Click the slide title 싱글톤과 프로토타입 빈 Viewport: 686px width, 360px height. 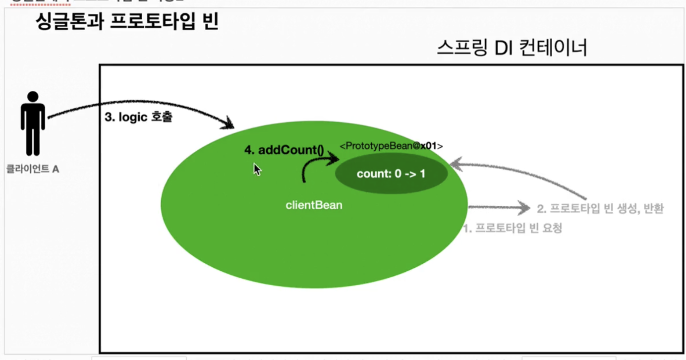(x=127, y=22)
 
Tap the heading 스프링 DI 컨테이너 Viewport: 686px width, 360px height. (x=512, y=49)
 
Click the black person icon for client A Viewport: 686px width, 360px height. (x=33, y=124)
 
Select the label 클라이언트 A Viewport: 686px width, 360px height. (x=33, y=169)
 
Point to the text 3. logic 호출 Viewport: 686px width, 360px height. (x=138, y=118)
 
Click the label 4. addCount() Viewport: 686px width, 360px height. (x=284, y=150)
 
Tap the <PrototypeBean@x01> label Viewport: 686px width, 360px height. (x=391, y=146)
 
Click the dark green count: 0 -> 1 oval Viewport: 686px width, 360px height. (x=391, y=174)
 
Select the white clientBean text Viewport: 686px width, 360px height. (x=314, y=205)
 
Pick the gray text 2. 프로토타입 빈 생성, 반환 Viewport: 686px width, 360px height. (x=600, y=208)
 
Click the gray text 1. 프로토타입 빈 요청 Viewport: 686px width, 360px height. (x=512, y=228)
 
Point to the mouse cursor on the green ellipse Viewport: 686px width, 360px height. (x=257, y=169)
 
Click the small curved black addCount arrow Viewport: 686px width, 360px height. (x=317, y=166)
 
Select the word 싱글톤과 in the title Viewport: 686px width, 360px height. (x=69, y=22)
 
